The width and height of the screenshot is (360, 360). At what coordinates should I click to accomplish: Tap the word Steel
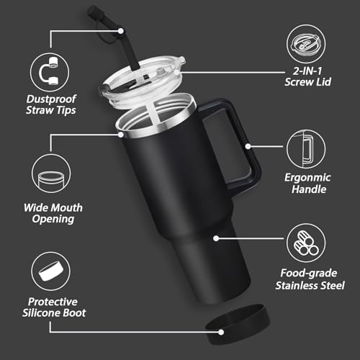point(329,286)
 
